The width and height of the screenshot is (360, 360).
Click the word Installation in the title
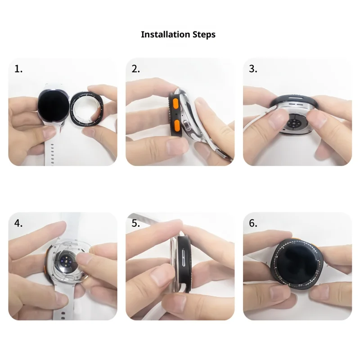point(165,35)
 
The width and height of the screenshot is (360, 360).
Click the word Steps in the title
point(204,35)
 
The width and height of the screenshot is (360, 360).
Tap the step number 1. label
point(18,69)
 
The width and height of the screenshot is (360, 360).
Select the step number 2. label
point(136,69)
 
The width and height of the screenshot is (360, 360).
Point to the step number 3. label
point(253,69)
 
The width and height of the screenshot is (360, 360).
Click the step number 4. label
point(18,223)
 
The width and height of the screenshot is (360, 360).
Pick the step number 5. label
point(136,223)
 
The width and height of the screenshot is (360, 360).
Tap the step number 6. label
point(253,223)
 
